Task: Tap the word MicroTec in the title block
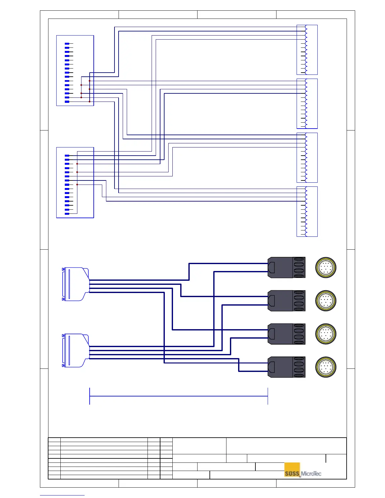311,474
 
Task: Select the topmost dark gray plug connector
286,268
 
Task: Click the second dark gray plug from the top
286,301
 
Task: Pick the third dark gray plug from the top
286,334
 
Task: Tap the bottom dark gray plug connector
286,367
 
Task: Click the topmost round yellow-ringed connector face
326,268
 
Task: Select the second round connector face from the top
326,301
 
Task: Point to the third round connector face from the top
326,334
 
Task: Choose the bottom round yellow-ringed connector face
326,367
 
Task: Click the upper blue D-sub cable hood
75,284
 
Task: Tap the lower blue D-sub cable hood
75,351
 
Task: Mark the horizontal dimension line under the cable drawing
179,396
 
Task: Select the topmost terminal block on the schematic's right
307,50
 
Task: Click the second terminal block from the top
307,104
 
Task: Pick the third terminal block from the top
307,158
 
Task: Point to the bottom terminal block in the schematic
307,212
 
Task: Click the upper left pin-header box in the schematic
75,70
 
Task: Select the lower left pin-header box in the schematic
75,182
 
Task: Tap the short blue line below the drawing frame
62,495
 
